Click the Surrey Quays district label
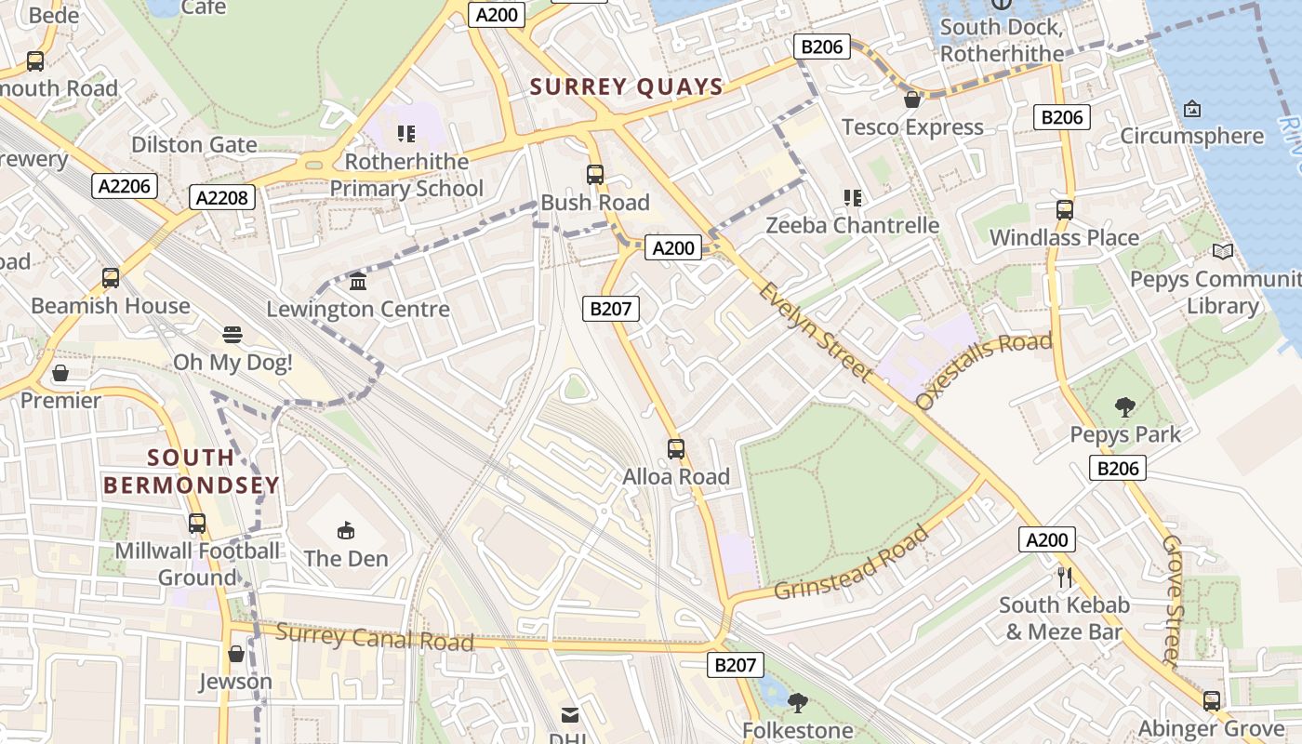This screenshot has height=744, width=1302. tap(626, 87)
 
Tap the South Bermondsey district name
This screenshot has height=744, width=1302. tap(191, 471)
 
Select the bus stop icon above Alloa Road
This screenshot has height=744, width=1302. tap(676, 449)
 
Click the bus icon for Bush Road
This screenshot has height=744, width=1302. tap(595, 175)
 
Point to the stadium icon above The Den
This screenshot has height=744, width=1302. tap(346, 530)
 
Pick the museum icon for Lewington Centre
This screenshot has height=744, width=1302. tap(358, 281)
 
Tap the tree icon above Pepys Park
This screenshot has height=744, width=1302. tap(1125, 406)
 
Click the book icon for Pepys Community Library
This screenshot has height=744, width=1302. tap(1223, 251)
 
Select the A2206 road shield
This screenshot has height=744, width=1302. tap(125, 186)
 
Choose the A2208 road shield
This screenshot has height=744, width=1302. tap(221, 197)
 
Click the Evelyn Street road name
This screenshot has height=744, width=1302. tap(816, 332)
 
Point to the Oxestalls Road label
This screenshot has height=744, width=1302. tap(984, 369)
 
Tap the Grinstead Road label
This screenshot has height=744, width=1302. tap(851, 564)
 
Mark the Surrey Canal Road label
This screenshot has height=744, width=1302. tap(375, 638)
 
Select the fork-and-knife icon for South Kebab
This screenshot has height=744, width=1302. tap(1065, 578)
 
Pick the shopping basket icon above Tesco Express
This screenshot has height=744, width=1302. tap(912, 100)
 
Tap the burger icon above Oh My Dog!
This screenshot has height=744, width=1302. tap(232, 335)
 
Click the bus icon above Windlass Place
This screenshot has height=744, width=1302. tap(1065, 210)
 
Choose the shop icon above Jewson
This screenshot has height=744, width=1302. tap(236, 654)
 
